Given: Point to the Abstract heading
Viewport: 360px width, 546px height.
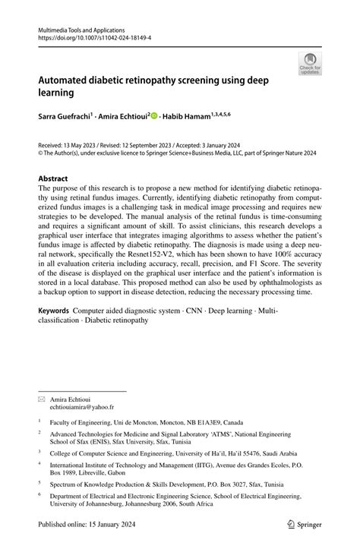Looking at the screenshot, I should coord(58,178).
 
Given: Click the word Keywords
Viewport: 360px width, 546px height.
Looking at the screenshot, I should coord(55,312).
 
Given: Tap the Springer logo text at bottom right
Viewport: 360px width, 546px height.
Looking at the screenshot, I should coord(303,524).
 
